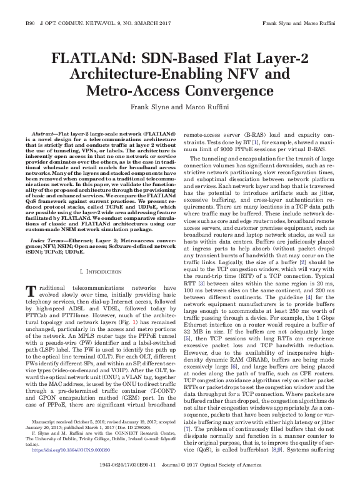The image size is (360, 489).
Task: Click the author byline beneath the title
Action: coord(179,107)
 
